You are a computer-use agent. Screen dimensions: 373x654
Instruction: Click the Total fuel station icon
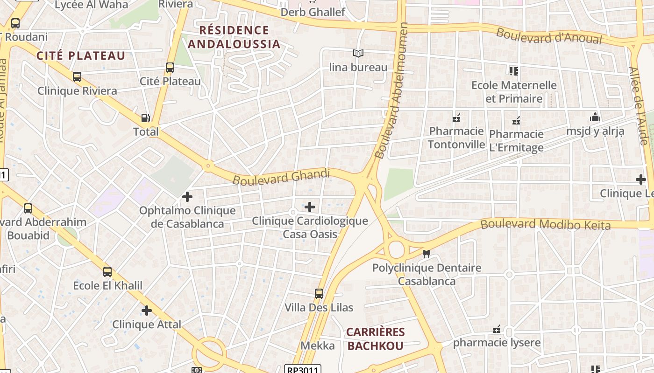146,118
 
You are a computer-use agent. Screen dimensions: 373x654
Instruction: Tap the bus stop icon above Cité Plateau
170,68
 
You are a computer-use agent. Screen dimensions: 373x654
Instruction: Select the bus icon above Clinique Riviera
77,77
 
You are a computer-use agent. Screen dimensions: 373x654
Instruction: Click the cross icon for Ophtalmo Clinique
187,197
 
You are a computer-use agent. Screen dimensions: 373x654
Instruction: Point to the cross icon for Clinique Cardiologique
310,207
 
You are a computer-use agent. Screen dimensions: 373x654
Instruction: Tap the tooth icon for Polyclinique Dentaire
426,254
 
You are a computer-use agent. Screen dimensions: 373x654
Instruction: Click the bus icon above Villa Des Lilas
319,294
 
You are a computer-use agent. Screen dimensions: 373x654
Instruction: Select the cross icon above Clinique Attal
147,311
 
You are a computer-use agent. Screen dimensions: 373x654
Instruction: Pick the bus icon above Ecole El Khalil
107,272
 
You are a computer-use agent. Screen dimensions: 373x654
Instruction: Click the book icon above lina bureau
358,54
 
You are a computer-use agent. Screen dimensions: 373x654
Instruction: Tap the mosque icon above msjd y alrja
595,117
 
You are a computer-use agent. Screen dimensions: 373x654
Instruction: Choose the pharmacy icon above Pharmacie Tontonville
456,117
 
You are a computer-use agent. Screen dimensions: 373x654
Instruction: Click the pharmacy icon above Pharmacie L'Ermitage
516,121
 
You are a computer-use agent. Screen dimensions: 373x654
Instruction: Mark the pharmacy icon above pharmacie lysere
497,329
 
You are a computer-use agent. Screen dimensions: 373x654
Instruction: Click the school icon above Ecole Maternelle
514,71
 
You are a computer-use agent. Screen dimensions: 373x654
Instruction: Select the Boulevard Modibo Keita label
545,224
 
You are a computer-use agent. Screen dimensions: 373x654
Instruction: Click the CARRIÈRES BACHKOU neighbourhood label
375,339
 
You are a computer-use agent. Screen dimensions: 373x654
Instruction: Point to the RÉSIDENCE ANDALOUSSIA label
234,37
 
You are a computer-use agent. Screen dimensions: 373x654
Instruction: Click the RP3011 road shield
303,370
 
